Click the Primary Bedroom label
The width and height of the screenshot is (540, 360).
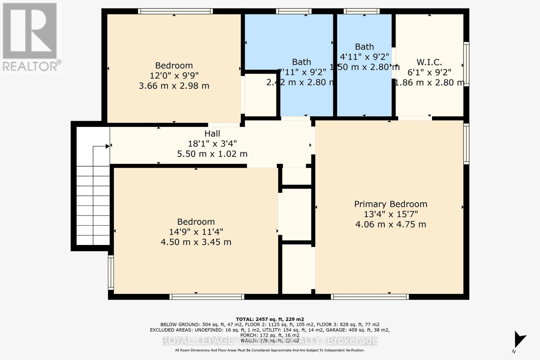coord(390,204)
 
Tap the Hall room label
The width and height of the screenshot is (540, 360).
coord(212,134)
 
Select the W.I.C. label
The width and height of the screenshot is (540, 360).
coord(429,62)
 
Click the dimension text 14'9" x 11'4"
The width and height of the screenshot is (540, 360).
coord(196,232)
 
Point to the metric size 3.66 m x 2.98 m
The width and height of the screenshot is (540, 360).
coord(174,86)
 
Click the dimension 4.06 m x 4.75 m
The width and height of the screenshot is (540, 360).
coord(390,224)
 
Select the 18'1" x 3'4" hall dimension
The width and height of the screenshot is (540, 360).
coord(212,144)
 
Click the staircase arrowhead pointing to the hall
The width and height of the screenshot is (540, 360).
coord(107,146)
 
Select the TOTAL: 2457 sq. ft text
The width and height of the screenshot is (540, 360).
coord(270,319)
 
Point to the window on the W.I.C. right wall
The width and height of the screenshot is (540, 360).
coord(466,64)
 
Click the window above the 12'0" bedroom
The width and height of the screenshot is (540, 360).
coord(175,11)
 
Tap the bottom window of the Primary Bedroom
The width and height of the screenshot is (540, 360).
coord(370,297)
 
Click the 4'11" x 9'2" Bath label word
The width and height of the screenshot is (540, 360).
coord(364,47)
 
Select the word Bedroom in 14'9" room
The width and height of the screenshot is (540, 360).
coord(196,222)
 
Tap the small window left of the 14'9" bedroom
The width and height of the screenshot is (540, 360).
coord(111,273)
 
